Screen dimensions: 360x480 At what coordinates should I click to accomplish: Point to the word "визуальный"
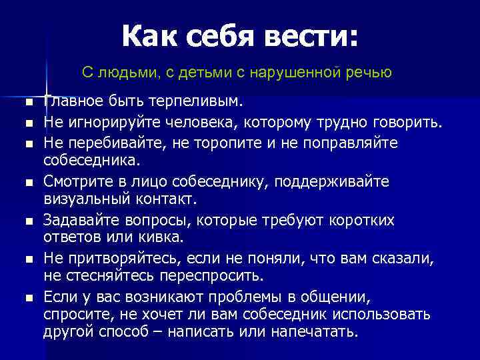tap(83, 199)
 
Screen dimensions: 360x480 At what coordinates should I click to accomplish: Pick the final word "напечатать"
tap(317, 332)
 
